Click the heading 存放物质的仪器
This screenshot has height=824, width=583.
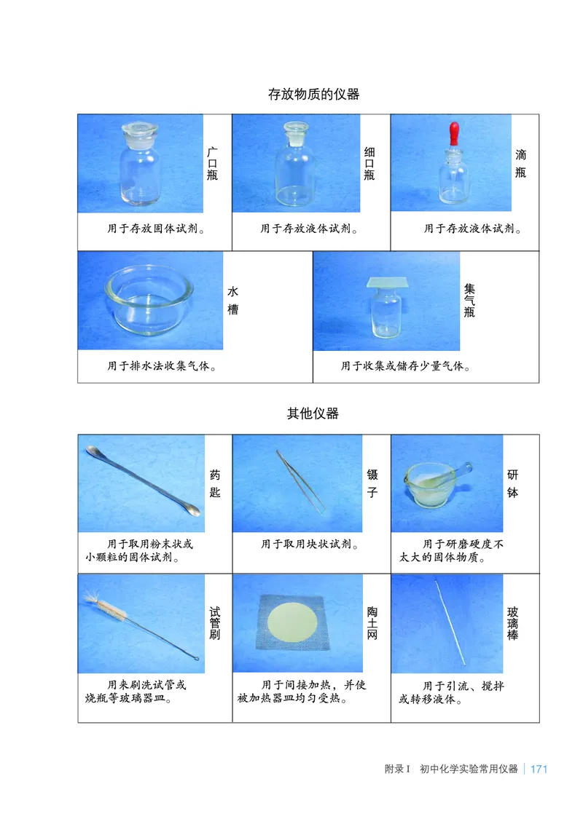pos(313,95)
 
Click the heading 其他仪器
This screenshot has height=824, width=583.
pos(313,414)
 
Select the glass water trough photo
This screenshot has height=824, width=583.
pos(149,300)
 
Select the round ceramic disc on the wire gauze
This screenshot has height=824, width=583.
pos(295,623)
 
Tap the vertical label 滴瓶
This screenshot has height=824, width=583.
pos(521,163)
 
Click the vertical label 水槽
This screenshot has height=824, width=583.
pos(232,300)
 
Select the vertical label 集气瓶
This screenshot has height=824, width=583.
pos(470,301)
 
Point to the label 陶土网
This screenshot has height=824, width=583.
pos(372,623)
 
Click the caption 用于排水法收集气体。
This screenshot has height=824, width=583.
pos(163,366)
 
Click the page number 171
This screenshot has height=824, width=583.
pos(539,769)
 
